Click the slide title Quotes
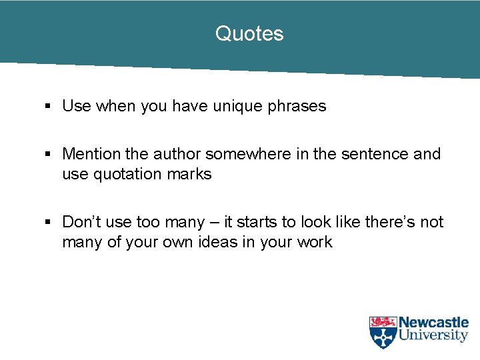click(x=249, y=34)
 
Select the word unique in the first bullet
click(x=238, y=106)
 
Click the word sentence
click(x=376, y=154)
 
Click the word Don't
click(x=82, y=222)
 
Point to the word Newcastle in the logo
click(x=433, y=323)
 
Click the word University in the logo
click(x=433, y=336)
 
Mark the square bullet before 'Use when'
click(x=47, y=107)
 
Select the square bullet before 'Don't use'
click(x=47, y=223)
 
